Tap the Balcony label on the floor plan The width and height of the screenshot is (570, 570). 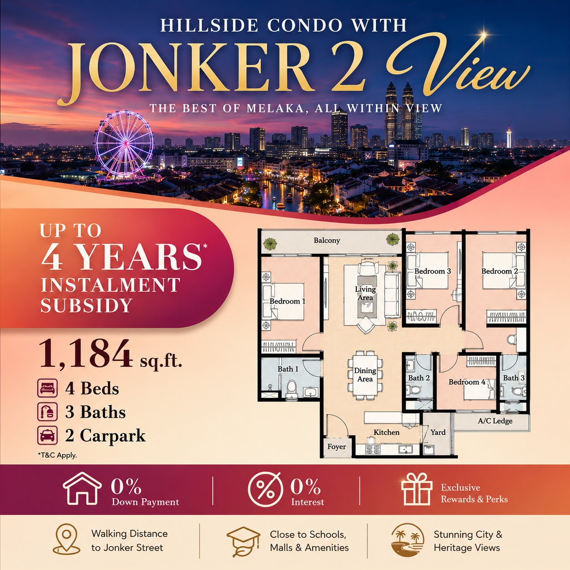(326, 240)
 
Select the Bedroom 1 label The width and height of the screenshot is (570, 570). (287, 301)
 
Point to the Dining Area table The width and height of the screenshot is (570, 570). (365, 375)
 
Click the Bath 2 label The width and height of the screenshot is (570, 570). (419, 378)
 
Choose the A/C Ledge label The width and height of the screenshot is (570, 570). (495, 420)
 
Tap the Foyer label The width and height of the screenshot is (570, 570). (337, 446)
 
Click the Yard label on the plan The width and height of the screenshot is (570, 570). (438, 432)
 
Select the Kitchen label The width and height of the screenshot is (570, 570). (386, 432)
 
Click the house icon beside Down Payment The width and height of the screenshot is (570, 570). (82, 489)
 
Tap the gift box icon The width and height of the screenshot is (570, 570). (416, 489)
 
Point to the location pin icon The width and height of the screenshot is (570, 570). (66, 539)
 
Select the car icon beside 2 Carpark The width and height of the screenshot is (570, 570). (47, 435)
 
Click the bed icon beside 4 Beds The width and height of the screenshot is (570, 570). (47, 388)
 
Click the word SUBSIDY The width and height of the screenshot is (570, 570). (86, 305)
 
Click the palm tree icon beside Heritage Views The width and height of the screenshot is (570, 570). (408, 540)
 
